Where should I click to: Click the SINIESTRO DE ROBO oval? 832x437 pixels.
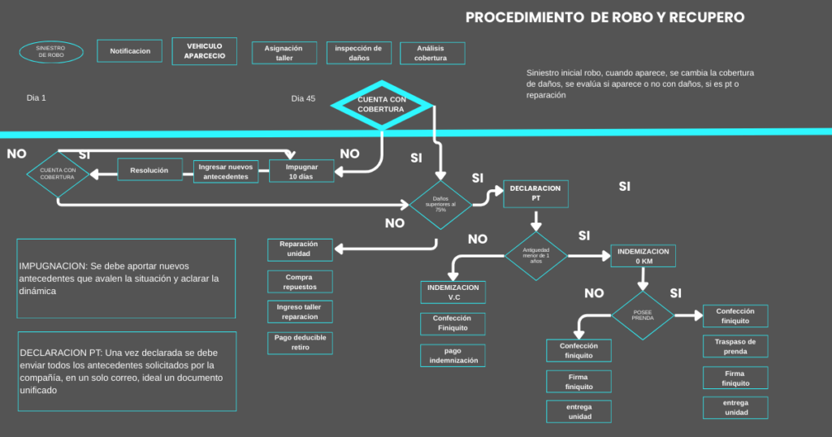pos(51,52)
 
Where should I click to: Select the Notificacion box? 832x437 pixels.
pos(130,51)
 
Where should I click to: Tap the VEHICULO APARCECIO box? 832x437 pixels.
pos(205,51)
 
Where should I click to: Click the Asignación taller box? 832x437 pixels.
pos(284,53)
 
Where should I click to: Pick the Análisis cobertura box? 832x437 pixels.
pos(433,53)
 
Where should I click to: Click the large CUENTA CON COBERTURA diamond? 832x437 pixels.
pos(381,104)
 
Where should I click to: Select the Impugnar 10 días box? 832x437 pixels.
pos(301,171)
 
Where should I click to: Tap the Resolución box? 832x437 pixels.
pos(149,170)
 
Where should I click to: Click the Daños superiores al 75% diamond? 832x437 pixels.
pos(440,204)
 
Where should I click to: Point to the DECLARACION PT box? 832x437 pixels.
pos(535,193)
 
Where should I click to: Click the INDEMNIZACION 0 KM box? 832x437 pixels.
pos(643,257)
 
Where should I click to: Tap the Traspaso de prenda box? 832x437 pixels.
pos(735,347)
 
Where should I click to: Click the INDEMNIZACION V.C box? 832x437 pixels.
pos(454,292)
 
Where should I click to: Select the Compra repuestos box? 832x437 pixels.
pos(299,282)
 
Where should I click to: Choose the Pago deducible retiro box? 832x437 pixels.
pos(299,343)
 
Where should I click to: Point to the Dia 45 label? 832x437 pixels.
pos(303,98)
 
